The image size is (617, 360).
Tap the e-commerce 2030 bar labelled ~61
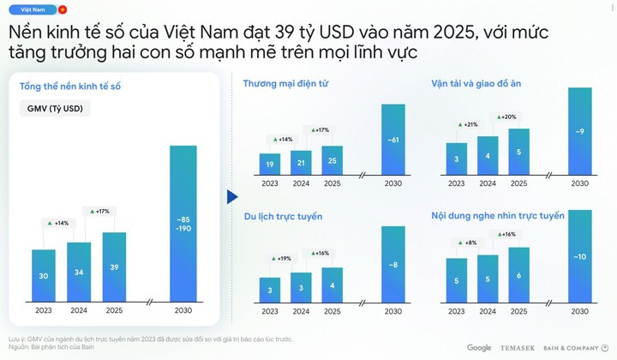(x=392, y=139)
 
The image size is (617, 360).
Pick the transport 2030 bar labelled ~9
(x=580, y=131)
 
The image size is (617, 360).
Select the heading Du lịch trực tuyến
(x=282, y=217)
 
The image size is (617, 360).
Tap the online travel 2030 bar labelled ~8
(x=392, y=264)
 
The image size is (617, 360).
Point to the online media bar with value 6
(x=518, y=275)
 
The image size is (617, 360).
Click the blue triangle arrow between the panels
(x=231, y=196)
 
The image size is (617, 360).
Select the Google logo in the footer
(x=479, y=347)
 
